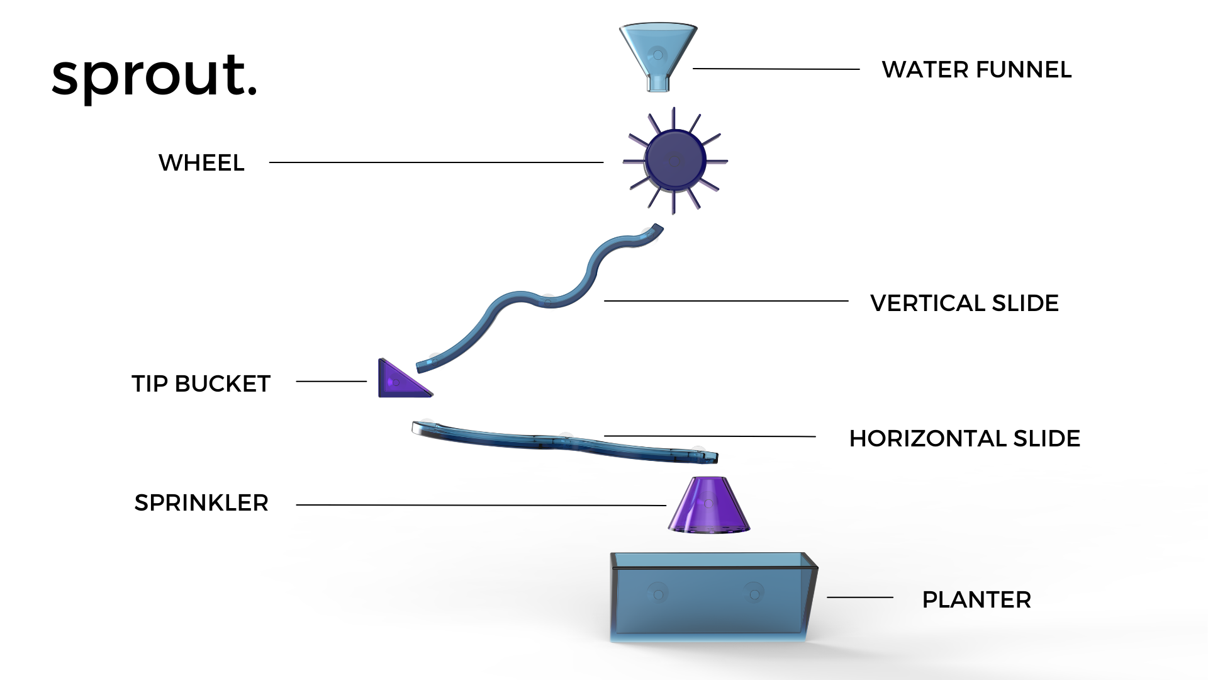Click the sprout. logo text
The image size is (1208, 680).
tap(154, 76)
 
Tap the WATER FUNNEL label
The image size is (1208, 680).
tap(976, 70)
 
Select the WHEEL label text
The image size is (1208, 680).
tap(201, 163)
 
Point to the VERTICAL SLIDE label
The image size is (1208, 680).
tap(964, 303)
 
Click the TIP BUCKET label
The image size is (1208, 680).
tap(201, 383)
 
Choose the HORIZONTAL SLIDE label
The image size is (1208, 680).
tap(965, 439)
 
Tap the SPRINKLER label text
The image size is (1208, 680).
tap(201, 503)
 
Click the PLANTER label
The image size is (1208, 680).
tap(976, 600)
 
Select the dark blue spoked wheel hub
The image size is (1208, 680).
tap(675, 160)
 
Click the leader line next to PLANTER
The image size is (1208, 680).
tap(859, 597)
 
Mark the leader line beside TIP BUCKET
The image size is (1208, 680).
tap(331, 381)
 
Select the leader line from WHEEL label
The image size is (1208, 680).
tap(436, 162)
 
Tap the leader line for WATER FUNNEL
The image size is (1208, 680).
tap(776, 69)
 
